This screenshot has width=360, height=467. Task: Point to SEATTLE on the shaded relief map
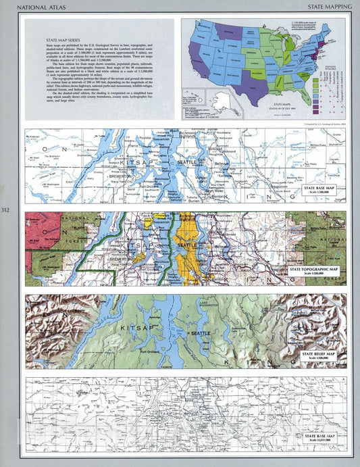(201, 334)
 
